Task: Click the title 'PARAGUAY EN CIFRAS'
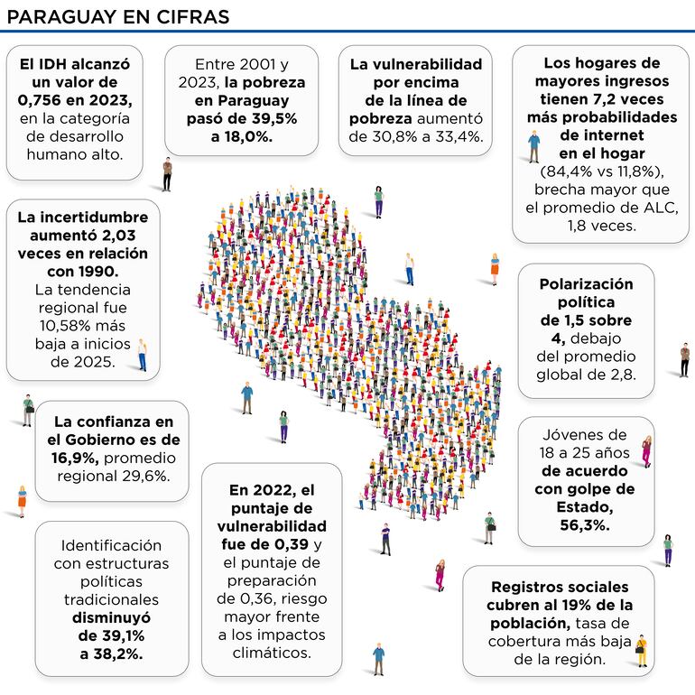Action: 117,16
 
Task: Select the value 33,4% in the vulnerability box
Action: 460,136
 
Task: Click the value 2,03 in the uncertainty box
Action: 125,236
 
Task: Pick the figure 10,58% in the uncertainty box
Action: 60,326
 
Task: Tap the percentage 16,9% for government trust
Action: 75,458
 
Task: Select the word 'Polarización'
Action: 586,283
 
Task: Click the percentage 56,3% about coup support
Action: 585,525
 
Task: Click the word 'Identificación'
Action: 111,545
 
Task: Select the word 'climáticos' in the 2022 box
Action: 272,653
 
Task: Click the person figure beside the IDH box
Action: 167,174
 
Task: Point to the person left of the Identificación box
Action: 22,501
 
